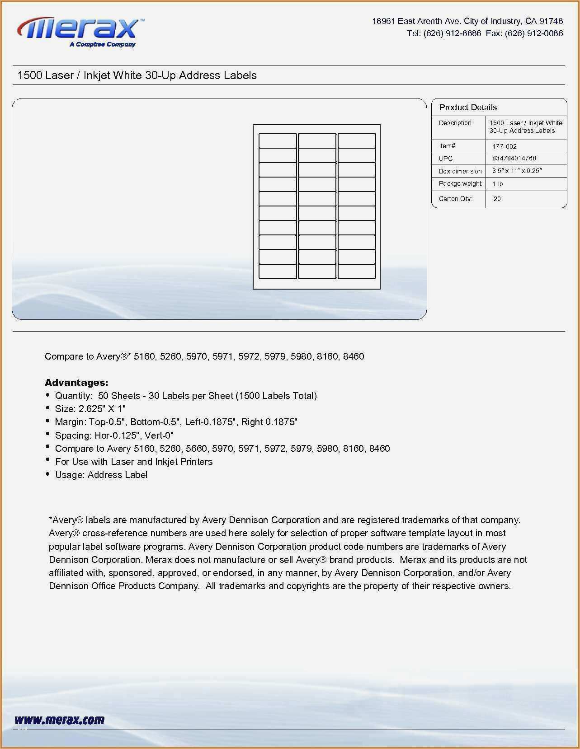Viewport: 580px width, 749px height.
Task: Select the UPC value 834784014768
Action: [x=514, y=158]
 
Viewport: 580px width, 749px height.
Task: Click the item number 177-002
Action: [x=504, y=146]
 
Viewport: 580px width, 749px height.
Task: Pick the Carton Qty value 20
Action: [x=497, y=199]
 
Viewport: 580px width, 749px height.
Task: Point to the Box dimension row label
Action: [x=460, y=171]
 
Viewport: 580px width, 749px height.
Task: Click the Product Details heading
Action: [x=468, y=108]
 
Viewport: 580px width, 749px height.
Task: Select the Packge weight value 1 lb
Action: [x=498, y=184]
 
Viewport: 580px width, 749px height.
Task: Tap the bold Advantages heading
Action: [x=76, y=383]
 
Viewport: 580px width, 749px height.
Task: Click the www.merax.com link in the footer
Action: [x=59, y=720]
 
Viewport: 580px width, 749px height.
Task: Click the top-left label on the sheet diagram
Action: [x=278, y=140]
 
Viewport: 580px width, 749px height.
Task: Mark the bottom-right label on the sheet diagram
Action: [x=357, y=271]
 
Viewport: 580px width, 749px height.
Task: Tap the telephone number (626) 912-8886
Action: [x=452, y=33]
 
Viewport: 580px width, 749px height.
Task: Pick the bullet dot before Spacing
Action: [x=48, y=435]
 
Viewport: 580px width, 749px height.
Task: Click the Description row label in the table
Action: [x=455, y=123]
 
